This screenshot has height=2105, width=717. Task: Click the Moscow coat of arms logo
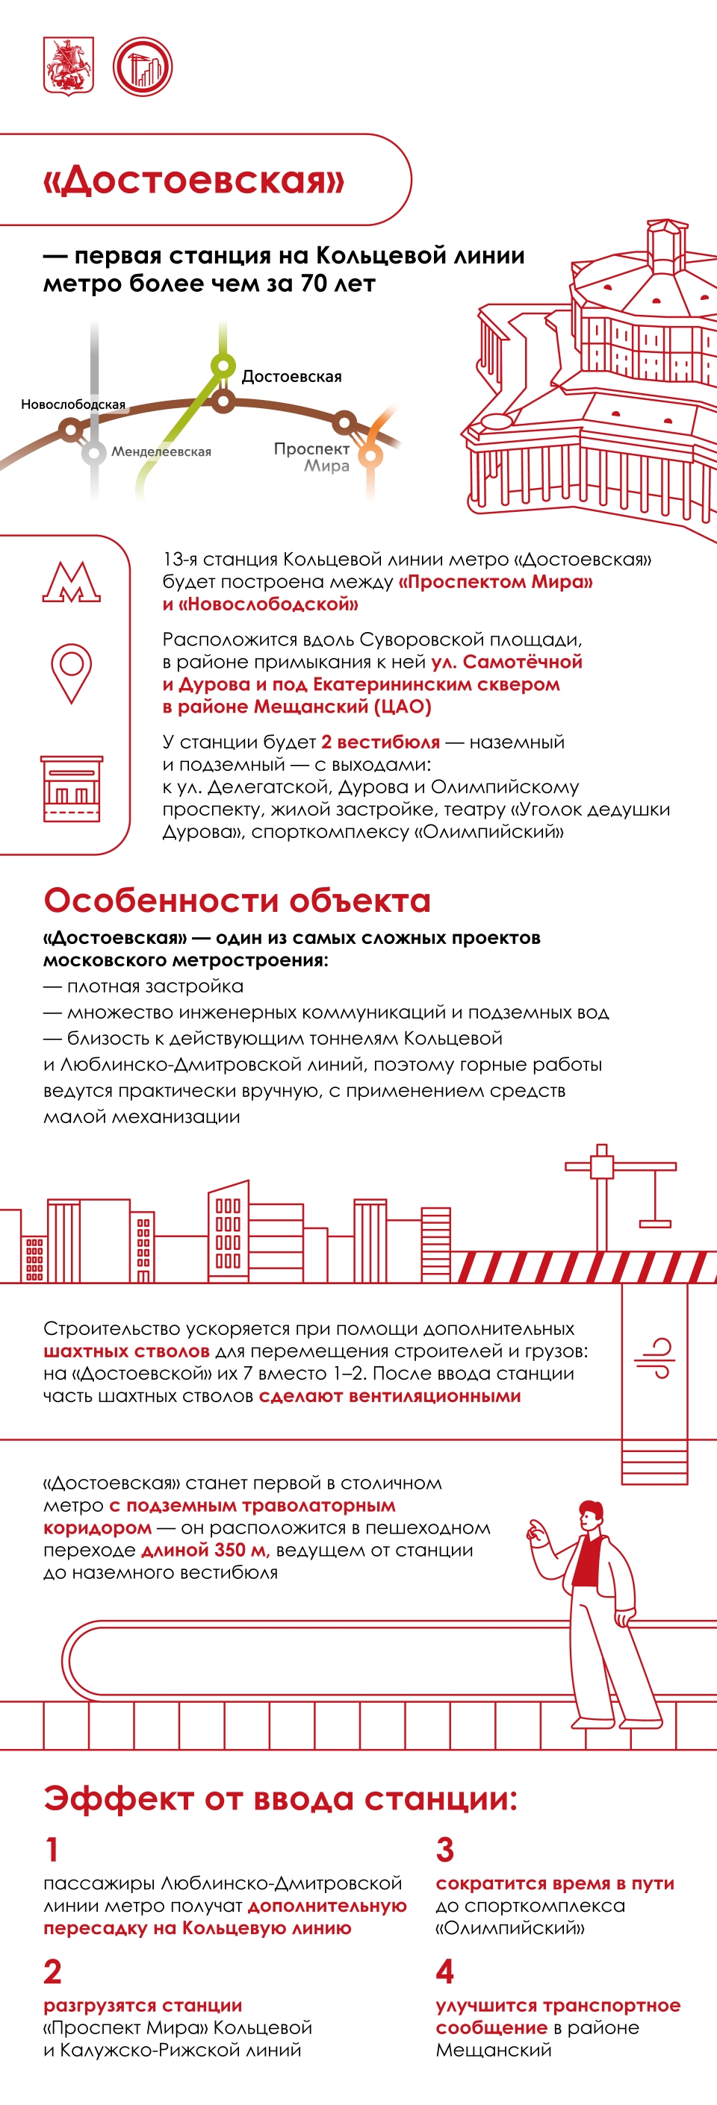(68, 66)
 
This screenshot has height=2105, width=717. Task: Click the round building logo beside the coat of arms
(142, 66)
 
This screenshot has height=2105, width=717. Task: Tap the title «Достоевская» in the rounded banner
(193, 180)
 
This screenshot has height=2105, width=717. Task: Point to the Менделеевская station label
(161, 451)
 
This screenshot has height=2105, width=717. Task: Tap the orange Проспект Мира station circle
(370, 454)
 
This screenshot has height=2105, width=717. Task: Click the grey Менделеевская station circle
(94, 452)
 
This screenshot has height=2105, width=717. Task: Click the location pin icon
(71, 672)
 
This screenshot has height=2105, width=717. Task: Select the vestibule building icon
(72, 789)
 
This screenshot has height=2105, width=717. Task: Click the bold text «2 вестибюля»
(380, 742)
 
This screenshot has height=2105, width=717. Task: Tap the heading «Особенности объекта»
(237, 900)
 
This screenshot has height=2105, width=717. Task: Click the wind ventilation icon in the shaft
(655, 1358)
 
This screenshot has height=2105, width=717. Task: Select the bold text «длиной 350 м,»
(205, 1550)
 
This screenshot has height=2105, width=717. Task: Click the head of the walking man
(589, 1514)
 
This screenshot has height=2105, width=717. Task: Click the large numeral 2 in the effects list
(52, 1971)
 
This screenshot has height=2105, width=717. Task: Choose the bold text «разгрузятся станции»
(143, 2005)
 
